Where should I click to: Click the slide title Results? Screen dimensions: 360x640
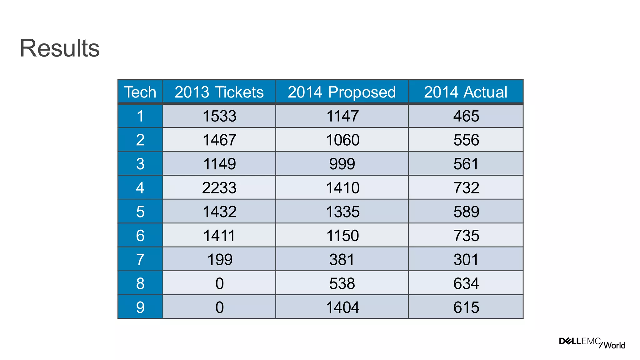(60, 48)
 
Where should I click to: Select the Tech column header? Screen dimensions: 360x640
(140, 92)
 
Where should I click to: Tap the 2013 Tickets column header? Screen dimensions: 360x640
(219, 92)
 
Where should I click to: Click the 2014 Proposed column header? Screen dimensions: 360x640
(342, 92)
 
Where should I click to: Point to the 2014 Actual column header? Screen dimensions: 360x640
(466, 92)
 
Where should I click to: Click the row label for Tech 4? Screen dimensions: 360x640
(140, 187)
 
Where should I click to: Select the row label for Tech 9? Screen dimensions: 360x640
(140, 307)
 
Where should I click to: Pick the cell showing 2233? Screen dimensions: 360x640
(219, 187)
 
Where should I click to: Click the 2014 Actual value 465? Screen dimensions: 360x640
(466, 116)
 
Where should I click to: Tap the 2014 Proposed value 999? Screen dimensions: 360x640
(342, 164)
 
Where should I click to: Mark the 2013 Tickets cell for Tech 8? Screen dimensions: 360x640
(219, 283)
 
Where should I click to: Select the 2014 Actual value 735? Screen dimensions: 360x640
(466, 235)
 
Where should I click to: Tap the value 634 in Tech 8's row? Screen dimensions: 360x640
(466, 283)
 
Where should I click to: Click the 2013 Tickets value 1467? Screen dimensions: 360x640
(219, 140)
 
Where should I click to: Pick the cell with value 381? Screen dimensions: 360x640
(342, 259)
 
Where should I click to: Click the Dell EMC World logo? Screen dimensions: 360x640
(592, 343)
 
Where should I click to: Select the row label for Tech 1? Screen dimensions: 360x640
(140, 116)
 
